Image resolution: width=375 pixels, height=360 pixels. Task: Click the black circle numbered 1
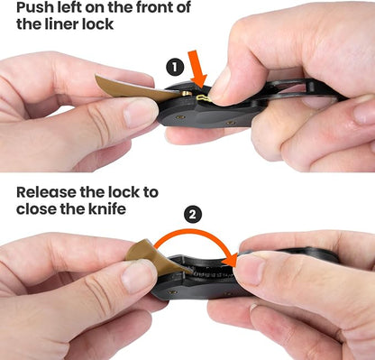click(x=175, y=68)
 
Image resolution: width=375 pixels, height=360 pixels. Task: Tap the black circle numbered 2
click(x=193, y=215)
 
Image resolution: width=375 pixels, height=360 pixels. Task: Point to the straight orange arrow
click(x=197, y=69)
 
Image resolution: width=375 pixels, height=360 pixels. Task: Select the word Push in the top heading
click(x=33, y=7)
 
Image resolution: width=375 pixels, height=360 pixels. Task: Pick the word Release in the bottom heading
click(x=46, y=192)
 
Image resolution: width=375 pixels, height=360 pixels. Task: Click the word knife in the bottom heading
click(x=107, y=208)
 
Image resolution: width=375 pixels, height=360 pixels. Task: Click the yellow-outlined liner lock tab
click(x=204, y=97)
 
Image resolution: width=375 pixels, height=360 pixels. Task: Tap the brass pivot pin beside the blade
click(x=187, y=94)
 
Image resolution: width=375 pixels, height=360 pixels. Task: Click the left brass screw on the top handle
click(x=180, y=116)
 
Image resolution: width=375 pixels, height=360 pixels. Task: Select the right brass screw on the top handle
click(x=231, y=123)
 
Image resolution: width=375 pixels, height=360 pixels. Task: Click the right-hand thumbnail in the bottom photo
click(x=249, y=269)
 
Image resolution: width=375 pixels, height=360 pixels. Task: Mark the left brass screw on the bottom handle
click(x=172, y=292)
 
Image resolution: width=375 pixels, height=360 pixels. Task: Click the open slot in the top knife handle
click(x=288, y=88)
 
